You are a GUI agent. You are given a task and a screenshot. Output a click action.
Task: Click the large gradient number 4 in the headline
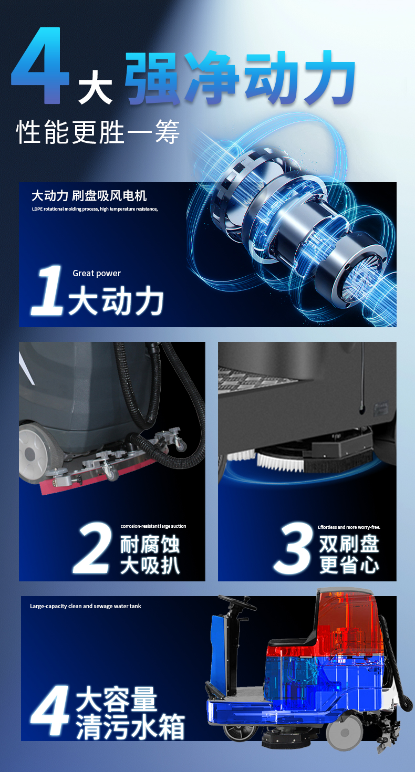[40, 66]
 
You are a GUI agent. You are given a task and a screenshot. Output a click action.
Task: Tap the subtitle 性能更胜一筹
[98, 132]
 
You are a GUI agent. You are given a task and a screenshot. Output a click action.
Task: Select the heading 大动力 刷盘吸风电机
[89, 196]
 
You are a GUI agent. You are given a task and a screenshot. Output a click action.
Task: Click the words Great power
[97, 273]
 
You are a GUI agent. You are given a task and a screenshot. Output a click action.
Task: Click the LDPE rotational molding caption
[95, 209]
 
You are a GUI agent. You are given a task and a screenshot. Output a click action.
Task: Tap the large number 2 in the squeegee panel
[92, 547]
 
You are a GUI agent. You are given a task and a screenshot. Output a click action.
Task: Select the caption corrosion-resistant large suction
[153, 526]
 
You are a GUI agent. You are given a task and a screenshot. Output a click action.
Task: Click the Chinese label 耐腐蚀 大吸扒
[150, 555]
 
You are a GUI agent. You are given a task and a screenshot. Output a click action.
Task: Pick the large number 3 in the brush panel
[294, 547]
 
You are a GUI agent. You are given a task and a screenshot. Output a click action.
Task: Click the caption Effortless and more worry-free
[349, 527]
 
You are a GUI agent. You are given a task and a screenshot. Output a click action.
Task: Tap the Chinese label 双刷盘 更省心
[349, 555]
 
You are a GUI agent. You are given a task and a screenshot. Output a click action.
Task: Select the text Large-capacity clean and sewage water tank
[86, 606]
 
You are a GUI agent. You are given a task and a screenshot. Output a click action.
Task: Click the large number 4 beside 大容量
[50, 711]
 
